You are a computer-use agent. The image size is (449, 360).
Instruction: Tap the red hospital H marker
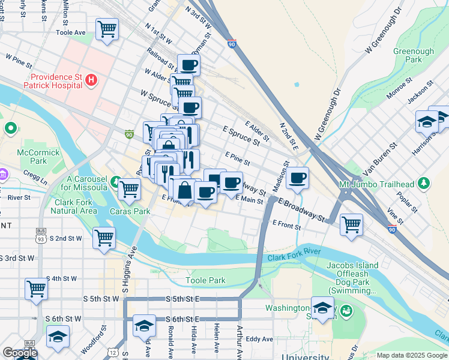click(x=91, y=79)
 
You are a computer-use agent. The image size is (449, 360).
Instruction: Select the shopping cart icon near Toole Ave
click(x=107, y=28)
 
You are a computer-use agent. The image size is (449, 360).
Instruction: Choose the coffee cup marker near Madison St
click(x=298, y=178)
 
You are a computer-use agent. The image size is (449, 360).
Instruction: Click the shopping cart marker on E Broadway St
click(x=351, y=224)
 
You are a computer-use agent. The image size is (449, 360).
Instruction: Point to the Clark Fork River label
click(x=291, y=257)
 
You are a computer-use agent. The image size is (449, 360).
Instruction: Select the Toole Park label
click(x=205, y=280)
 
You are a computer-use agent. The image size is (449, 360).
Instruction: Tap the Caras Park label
click(x=130, y=211)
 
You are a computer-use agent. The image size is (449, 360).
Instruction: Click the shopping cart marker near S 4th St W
click(x=36, y=289)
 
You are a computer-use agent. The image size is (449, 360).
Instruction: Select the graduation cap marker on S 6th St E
click(x=143, y=325)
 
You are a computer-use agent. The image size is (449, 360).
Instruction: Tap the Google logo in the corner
click(x=19, y=353)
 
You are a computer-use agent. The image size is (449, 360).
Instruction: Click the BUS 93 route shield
click(x=41, y=233)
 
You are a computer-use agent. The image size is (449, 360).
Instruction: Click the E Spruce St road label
click(x=241, y=136)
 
